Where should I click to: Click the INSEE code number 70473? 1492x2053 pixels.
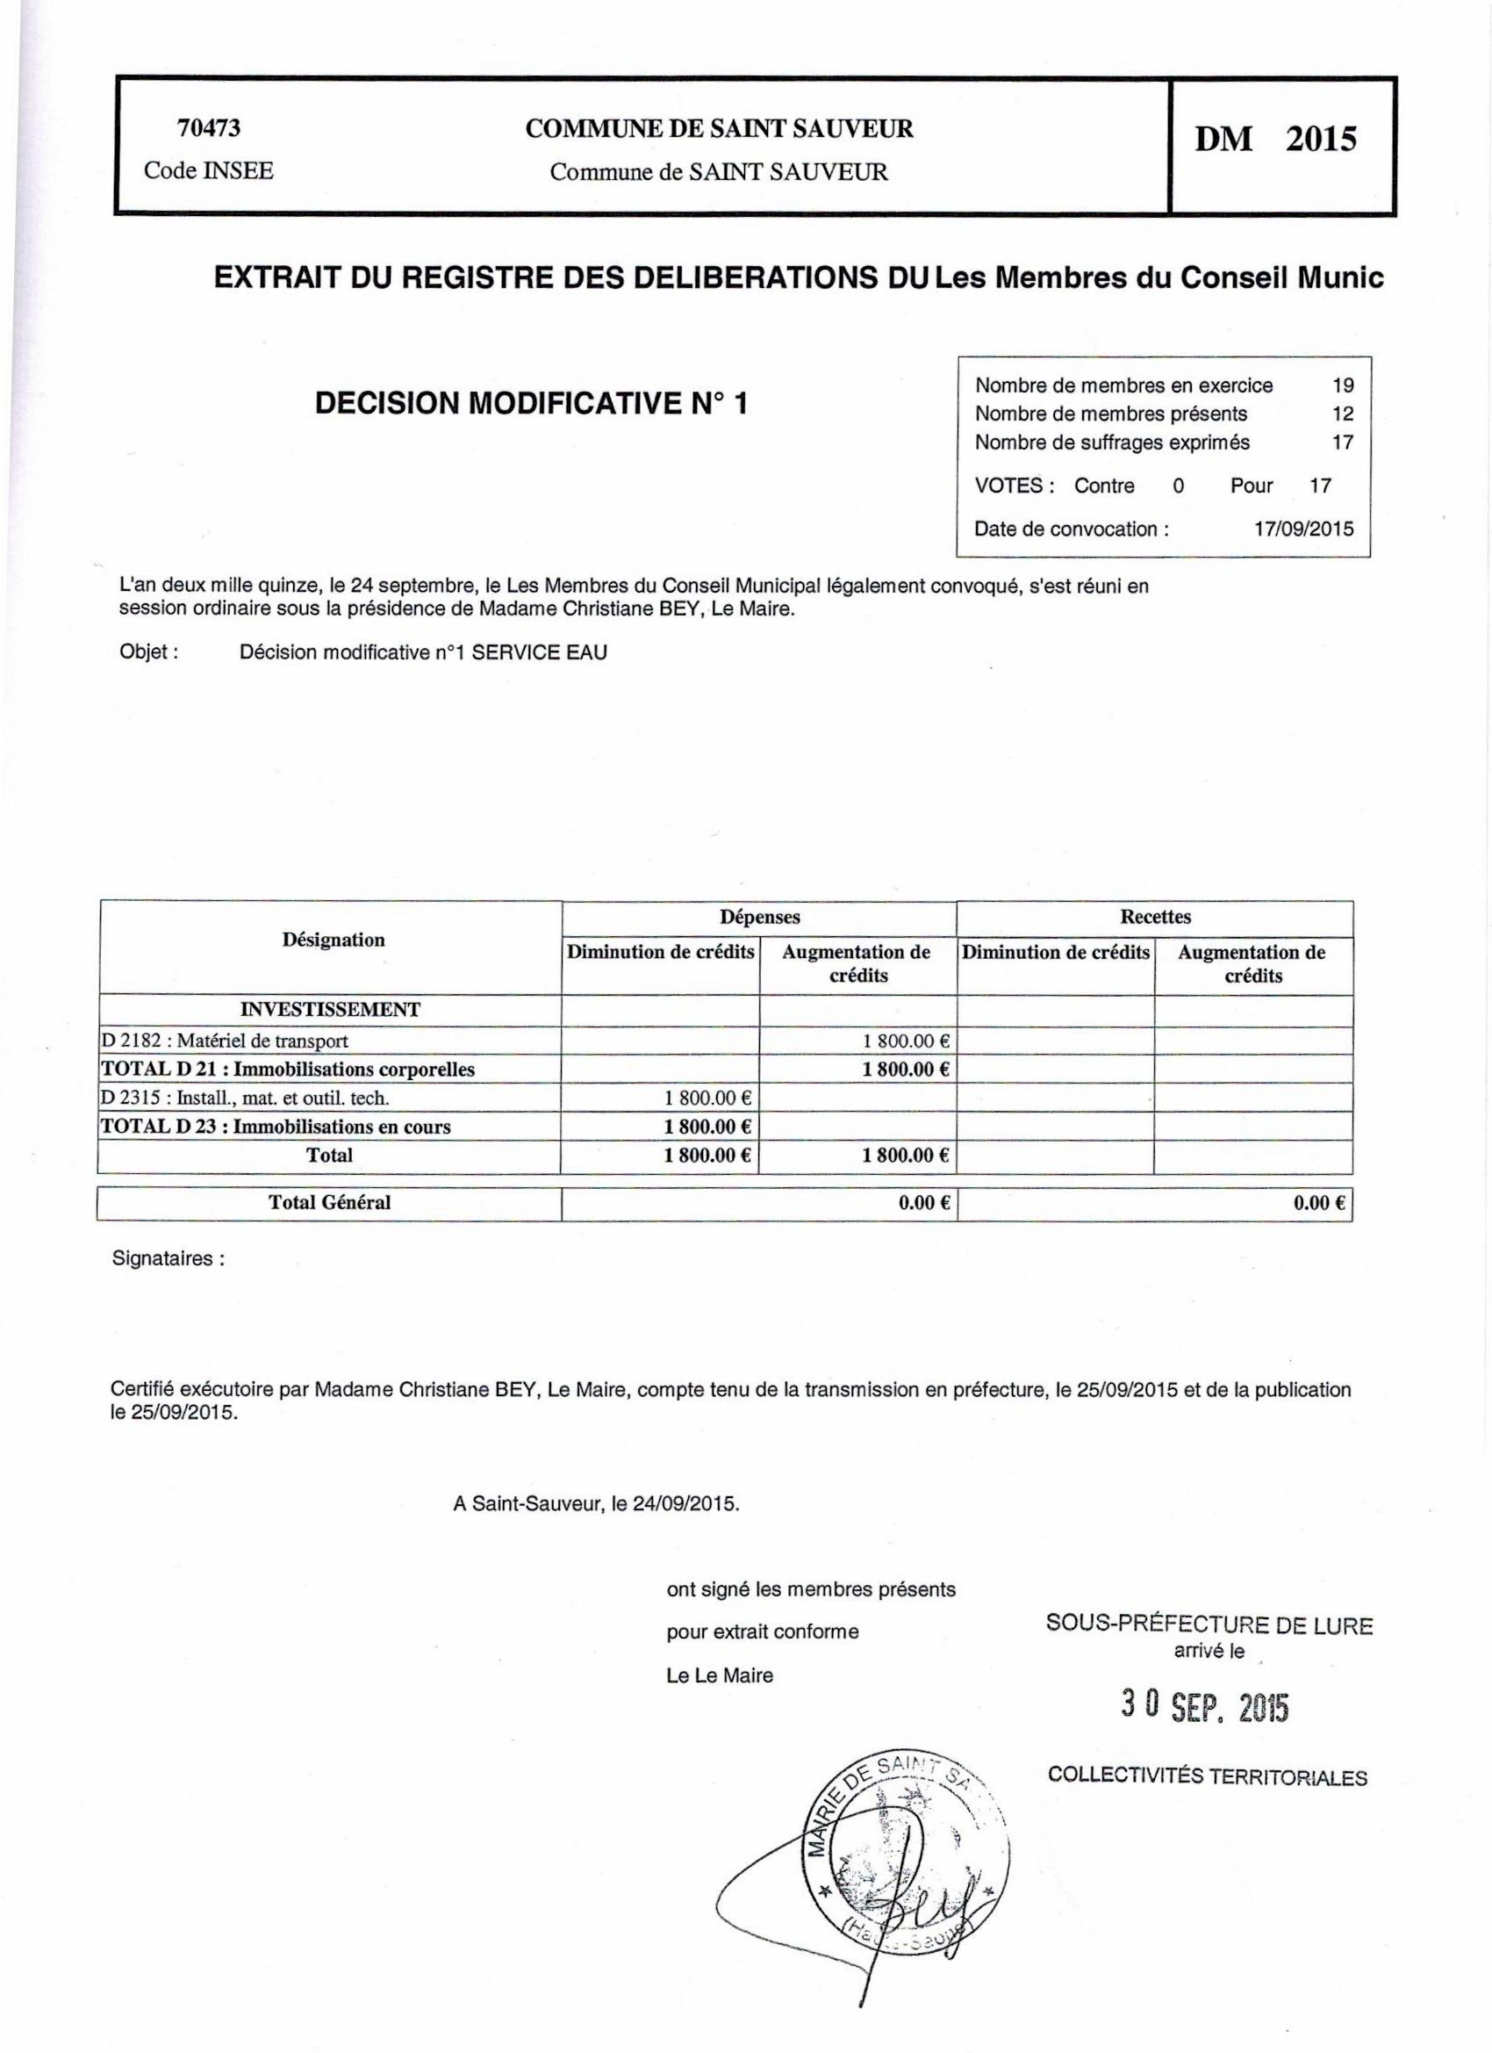point(209,128)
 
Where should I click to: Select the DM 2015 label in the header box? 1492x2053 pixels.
point(1276,140)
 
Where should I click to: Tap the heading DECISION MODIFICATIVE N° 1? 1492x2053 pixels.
point(532,404)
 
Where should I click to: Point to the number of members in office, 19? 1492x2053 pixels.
point(1343,385)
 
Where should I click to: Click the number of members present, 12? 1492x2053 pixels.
point(1343,414)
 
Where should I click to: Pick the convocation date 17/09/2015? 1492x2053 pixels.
point(1304,529)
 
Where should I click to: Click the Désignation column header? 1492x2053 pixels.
point(333,940)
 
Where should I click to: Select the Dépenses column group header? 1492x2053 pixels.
point(759,916)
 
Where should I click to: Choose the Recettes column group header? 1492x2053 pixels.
point(1155,916)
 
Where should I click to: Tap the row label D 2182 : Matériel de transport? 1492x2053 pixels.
point(225,1041)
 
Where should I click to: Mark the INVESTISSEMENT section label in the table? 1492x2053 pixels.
point(329,1009)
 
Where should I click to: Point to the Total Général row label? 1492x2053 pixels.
point(329,1202)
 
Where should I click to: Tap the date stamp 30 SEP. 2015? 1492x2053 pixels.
point(1203,1707)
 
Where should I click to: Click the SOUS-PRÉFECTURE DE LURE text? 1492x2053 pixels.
point(1209,1624)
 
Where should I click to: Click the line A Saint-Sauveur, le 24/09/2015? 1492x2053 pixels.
point(596,1503)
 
